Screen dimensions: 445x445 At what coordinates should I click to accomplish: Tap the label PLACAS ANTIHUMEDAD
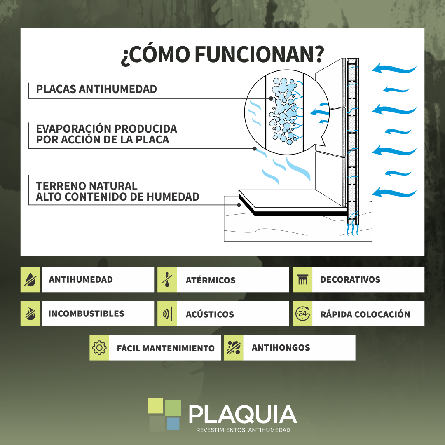pyautogui.click(x=96, y=89)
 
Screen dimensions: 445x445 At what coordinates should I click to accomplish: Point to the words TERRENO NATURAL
pyautogui.click(x=87, y=186)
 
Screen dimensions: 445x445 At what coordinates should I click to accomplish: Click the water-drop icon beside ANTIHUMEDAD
pyautogui.click(x=30, y=279)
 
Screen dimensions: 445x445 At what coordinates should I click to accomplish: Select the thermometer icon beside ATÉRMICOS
pyautogui.click(x=167, y=279)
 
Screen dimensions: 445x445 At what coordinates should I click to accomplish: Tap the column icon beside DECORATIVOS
pyautogui.click(x=302, y=279)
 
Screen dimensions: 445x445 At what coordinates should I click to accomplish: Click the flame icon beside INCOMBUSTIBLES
pyautogui.click(x=30, y=314)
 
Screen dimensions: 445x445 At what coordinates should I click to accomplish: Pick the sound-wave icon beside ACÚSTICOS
pyautogui.click(x=167, y=314)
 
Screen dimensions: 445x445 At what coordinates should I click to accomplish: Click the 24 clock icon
pyautogui.click(x=302, y=314)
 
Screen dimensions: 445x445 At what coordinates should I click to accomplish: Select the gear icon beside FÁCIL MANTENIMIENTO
pyautogui.click(x=99, y=348)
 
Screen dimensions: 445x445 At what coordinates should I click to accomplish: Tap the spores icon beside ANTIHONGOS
pyautogui.click(x=234, y=348)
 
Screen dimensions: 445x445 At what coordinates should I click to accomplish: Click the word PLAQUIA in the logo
pyautogui.click(x=243, y=415)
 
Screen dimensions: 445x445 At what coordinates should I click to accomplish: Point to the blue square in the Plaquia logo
pyautogui.click(x=173, y=424)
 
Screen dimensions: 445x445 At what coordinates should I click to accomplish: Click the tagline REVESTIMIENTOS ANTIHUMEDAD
pyautogui.click(x=243, y=430)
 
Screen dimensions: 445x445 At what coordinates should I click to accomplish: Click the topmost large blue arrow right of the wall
pyautogui.click(x=394, y=69)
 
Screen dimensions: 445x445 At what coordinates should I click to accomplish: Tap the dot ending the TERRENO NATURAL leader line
pyautogui.click(x=239, y=205)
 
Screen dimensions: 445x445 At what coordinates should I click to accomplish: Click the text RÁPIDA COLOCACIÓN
pyautogui.click(x=365, y=314)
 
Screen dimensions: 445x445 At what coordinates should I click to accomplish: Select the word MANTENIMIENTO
pyautogui.click(x=178, y=348)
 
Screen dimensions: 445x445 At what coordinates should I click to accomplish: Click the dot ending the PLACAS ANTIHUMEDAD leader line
pyautogui.click(x=271, y=98)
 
